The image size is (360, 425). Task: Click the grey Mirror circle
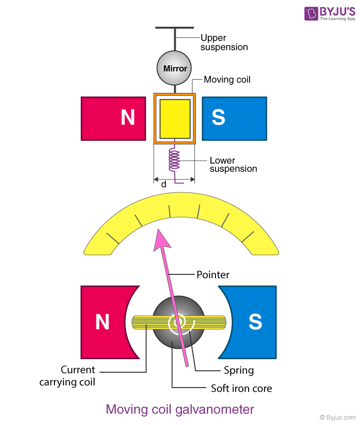[x=175, y=68]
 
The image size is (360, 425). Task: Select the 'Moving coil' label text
[x=227, y=79]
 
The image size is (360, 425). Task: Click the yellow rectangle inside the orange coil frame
[x=174, y=118]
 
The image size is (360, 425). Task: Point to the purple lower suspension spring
[x=174, y=159]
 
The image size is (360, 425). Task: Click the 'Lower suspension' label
[x=233, y=165]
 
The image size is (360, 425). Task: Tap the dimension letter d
[x=163, y=184]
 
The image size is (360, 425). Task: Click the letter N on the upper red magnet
[x=128, y=118]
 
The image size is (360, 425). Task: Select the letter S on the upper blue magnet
[x=218, y=118]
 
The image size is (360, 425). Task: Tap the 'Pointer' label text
[x=213, y=275]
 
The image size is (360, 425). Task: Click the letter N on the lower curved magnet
[x=102, y=322]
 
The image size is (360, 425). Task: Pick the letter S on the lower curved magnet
[x=255, y=322]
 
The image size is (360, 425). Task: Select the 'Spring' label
[x=239, y=370]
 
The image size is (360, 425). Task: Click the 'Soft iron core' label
[x=241, y=388]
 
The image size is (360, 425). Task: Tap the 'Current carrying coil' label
[x=78, y=376]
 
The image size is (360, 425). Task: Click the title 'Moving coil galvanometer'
[x=180, y=409]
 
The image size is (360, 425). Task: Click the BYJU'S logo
[x=330, y=13]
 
